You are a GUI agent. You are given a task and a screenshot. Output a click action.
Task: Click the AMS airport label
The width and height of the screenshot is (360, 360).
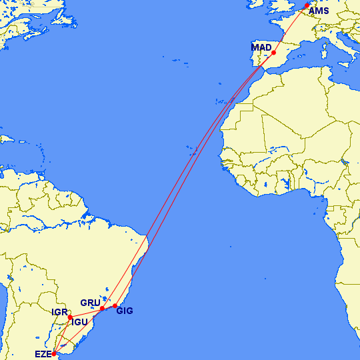(319, 11)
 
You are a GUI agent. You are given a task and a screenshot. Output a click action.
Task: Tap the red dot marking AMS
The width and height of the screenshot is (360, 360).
(307, 6)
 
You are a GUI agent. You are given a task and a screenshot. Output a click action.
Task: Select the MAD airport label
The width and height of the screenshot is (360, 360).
(261, 47)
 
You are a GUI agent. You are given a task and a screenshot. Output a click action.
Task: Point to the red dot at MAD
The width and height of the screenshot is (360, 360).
(274, 52)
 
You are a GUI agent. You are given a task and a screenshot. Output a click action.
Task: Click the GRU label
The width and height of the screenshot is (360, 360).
(90, 303)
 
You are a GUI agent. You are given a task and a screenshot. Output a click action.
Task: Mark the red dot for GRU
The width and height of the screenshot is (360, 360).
(102, 308)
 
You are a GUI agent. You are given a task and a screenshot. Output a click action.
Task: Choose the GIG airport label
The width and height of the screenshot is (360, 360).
(125, 310)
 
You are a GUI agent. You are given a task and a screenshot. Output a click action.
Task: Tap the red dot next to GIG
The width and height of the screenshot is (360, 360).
(115, 305)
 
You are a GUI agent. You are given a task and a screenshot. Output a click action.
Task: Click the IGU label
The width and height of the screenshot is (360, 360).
(80, 323)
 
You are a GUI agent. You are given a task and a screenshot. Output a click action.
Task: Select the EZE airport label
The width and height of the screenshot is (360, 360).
(43, 354)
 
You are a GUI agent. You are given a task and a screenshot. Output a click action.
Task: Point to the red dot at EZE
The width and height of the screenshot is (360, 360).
(54, 354)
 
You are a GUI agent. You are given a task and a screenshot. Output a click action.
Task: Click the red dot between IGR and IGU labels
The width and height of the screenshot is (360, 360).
(69, 317)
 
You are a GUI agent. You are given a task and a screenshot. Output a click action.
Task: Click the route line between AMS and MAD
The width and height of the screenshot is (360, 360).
(291, 29)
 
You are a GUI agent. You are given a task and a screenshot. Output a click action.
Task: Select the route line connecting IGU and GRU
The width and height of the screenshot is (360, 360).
(85, 313)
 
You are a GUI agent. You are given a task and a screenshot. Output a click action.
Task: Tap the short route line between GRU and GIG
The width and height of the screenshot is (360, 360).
(109, 307)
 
